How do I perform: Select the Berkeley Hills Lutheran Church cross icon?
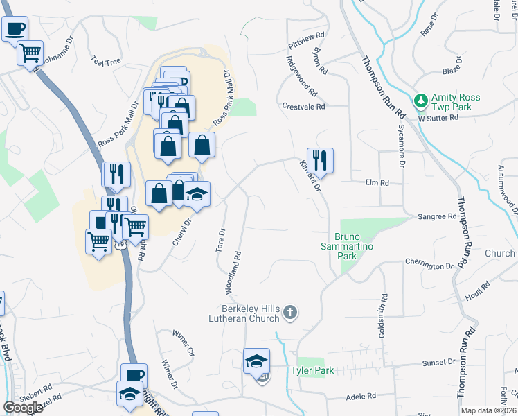pos(291,314)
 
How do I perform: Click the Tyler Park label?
pos(312,371)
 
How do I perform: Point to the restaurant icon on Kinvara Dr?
pos(320,160)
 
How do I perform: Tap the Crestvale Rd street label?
pos(303,107)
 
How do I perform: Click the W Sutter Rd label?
pos(438,118)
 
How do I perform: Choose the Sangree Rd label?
pos(436,216)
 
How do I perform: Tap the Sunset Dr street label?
pos(438,363)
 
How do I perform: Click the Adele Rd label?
pos(361,396)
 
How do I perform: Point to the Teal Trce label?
pos(106,62)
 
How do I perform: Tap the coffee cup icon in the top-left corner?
pos(15,29)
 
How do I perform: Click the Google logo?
pos(23,408)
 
